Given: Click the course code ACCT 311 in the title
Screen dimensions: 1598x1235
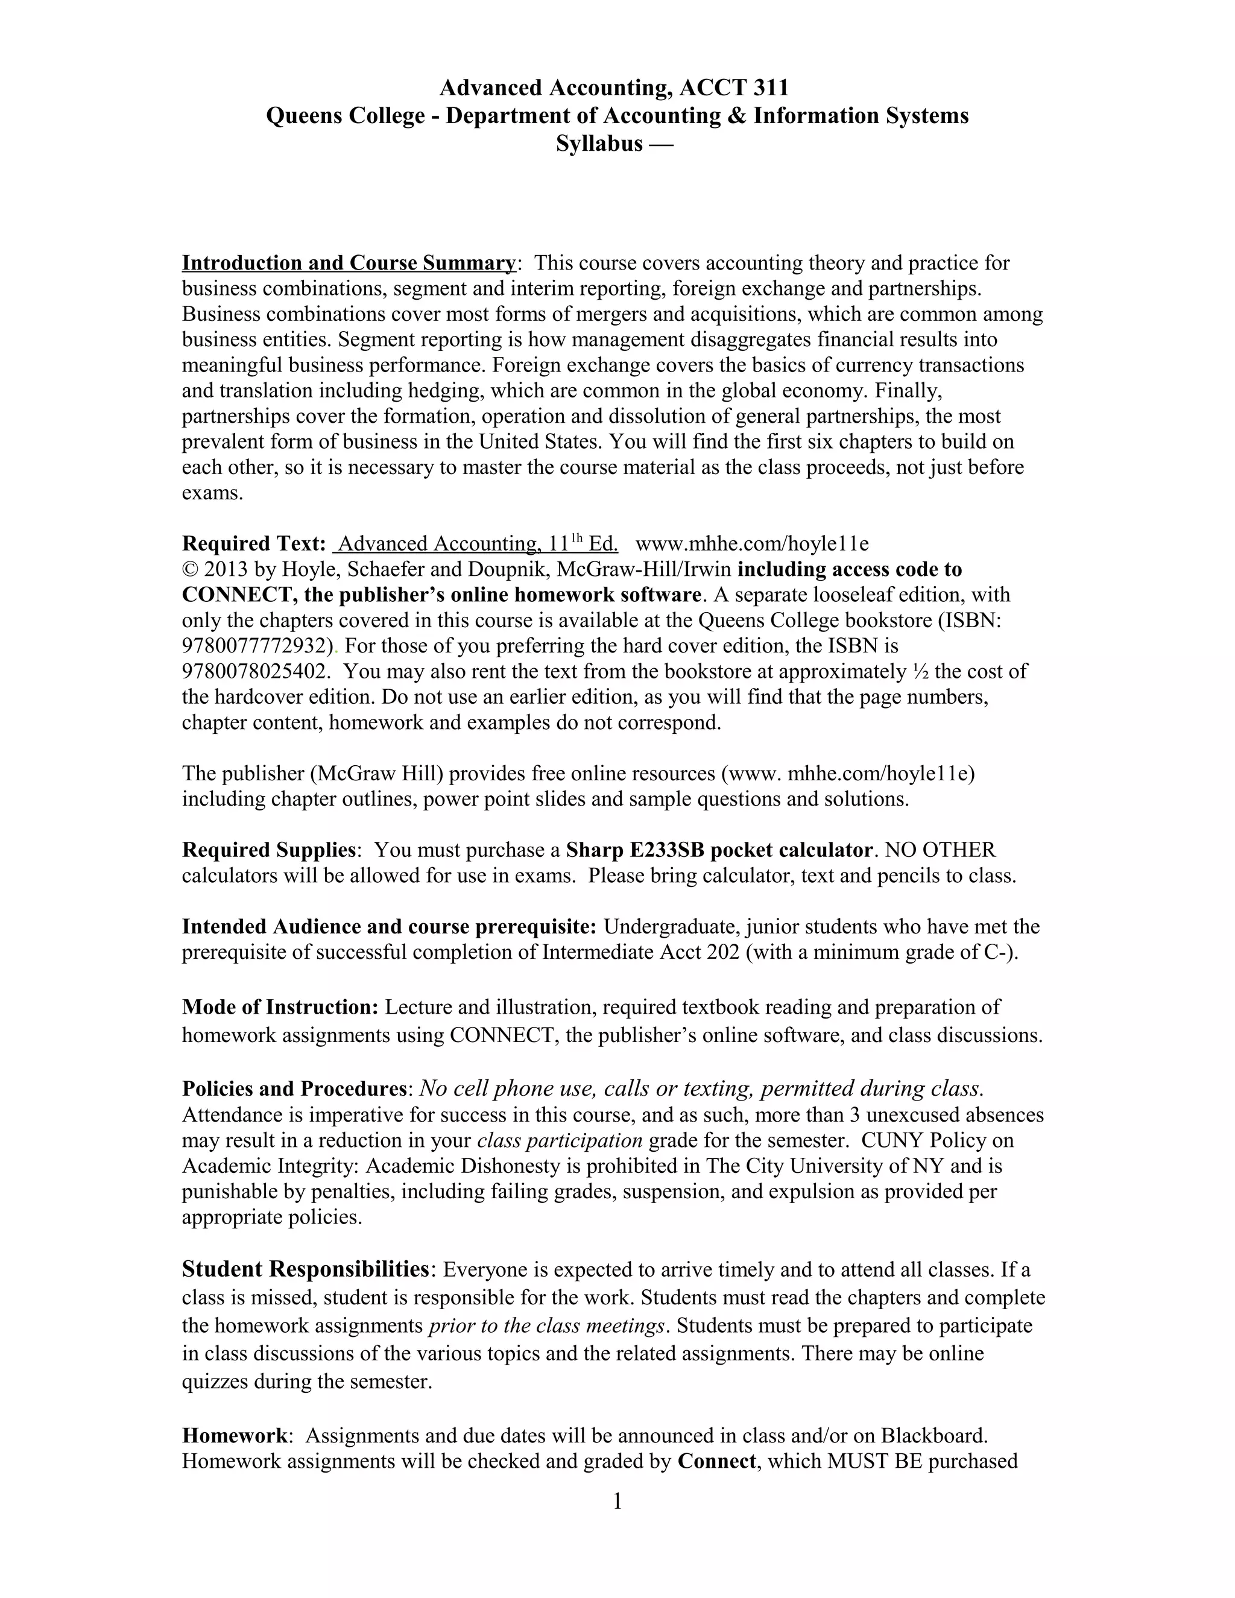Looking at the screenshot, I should (734, 89).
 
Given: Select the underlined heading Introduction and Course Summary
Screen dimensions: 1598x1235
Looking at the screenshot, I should (349, 263).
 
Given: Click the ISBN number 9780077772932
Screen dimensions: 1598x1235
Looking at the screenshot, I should (257, 646).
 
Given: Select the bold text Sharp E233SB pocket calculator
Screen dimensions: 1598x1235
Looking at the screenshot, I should (719, 850).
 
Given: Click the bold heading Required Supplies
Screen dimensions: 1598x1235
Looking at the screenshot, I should (268, 850).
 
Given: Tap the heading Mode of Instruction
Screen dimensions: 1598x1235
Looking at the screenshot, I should (279, 1008).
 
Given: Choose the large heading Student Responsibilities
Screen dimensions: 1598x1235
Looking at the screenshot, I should (305, 1269).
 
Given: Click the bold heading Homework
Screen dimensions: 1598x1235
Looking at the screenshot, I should (234, 1436).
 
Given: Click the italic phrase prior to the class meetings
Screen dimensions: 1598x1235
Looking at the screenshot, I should (546, 1326).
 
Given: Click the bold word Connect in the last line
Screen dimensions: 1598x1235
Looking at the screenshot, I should (716, 1461).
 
